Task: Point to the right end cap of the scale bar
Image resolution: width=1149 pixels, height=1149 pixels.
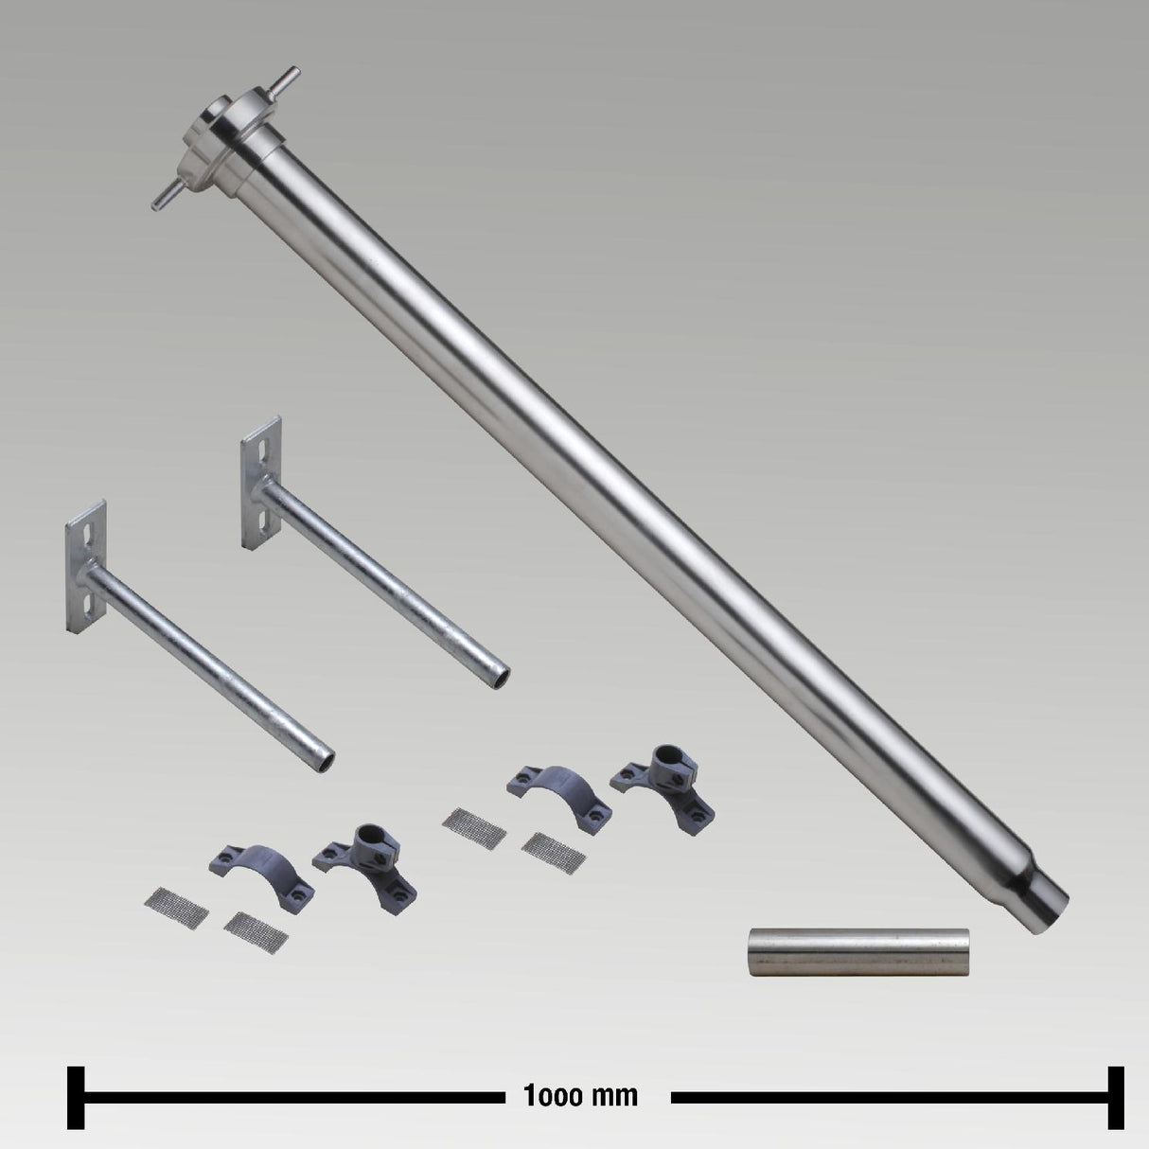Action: [1116, 1098]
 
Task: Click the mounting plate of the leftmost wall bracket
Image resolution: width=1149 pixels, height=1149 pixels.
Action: [86, 566]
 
